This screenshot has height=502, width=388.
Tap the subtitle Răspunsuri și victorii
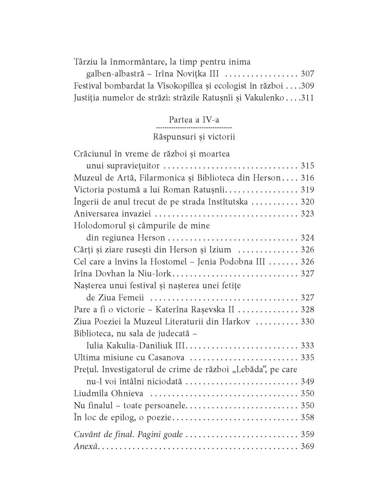(x=194, y=137)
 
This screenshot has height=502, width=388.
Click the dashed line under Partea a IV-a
(x=194, y=127)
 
